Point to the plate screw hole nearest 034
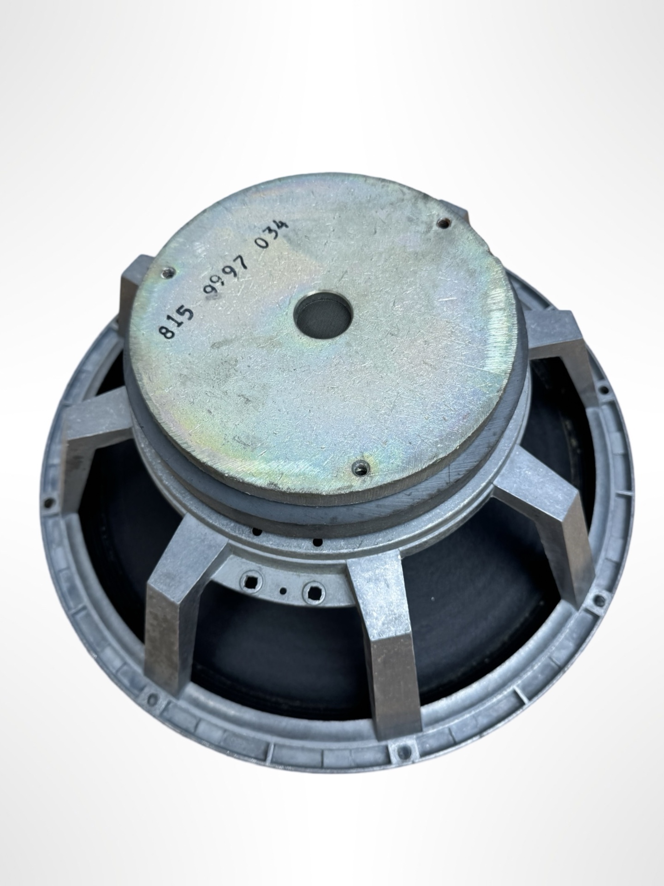444,223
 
